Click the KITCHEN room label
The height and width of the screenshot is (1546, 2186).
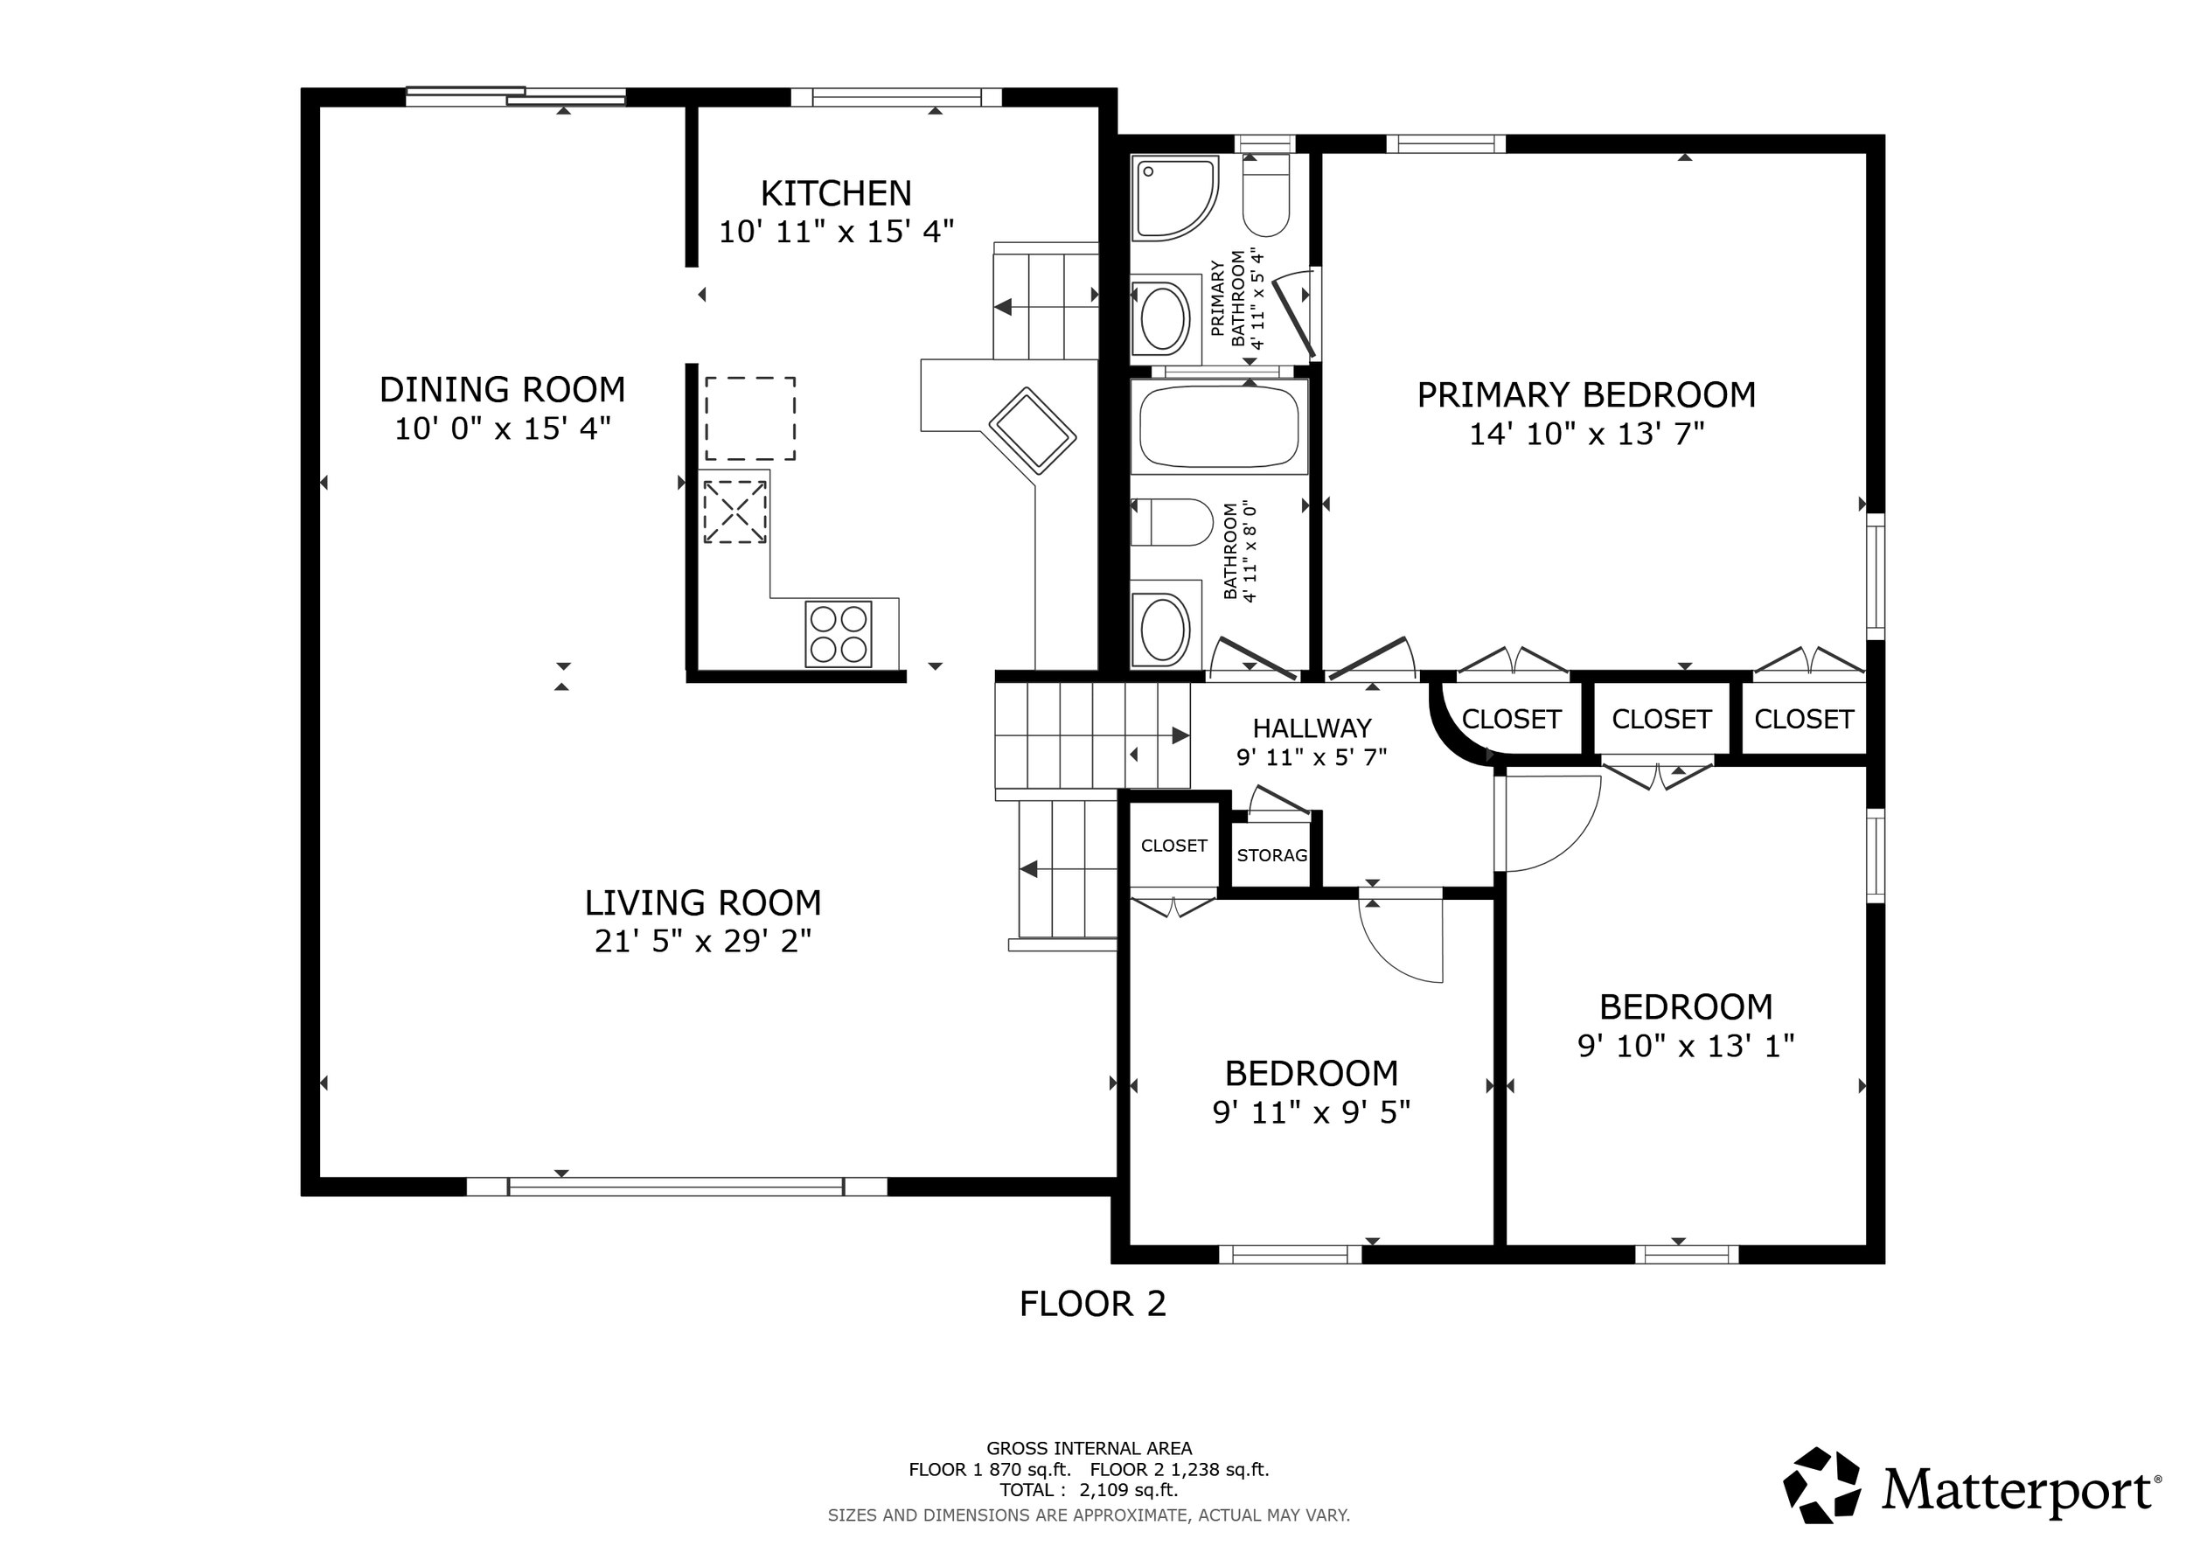click(836, 193)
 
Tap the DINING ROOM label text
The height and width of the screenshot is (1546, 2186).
click(502, 389)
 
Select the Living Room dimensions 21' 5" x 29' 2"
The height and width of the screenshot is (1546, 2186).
click(703, 942)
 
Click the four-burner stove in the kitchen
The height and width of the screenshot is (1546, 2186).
click(838, 633)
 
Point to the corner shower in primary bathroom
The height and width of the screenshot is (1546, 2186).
click(1174, 198)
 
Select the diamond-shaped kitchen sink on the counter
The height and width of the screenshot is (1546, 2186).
click(1032, 430)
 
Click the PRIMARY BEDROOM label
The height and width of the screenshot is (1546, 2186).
click(1586, 394)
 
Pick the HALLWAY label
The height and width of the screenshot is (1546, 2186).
click(1312, 728)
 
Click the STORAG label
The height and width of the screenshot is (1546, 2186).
click(1272, 855)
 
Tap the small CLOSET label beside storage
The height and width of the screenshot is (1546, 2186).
click(1174, 846)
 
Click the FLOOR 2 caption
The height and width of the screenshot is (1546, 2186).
click(1092, 1303)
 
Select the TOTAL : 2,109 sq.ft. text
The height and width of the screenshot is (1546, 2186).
click(1090, 1490)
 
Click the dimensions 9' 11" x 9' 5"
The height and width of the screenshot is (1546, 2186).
click(1311, 1112)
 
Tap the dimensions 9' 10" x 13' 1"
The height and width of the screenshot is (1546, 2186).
click(1686, 1046)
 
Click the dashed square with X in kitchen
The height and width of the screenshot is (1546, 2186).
click(735, 512)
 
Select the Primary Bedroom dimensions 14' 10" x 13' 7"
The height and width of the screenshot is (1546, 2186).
click(1586, 434)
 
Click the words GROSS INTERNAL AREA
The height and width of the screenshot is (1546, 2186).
click(1090, 1449)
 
